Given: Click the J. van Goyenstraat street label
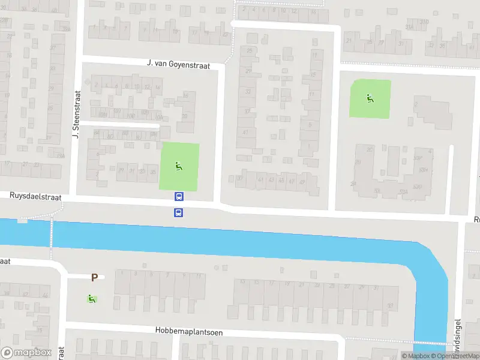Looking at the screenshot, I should pyautogui.click(x=178, y=65).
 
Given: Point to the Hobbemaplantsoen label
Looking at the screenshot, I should pyautogui.click(x=188, y=331).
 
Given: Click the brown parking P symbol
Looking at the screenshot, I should pyautogui.click(x=94, y=277).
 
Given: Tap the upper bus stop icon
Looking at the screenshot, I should pyautogui.click(x=179, y=196).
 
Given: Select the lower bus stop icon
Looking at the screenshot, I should pyautogui.click(x=179, y=212).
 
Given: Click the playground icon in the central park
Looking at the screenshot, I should pyautogui.click(x=178, y=166).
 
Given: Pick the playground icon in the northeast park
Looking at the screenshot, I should pyautogui.click(x=370, y=98).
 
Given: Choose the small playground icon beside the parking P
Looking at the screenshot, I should pyautogui.click(x=91, y=298).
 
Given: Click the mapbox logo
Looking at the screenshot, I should pyautogui.click(x=26, y=353).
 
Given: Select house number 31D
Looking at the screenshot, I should pyautogui.click(x=424, y=22).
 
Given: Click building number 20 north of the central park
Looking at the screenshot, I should pyautogui.click(x=184, y=116).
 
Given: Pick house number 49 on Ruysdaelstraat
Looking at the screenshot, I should pyautogui.click(x=301, y=182).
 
